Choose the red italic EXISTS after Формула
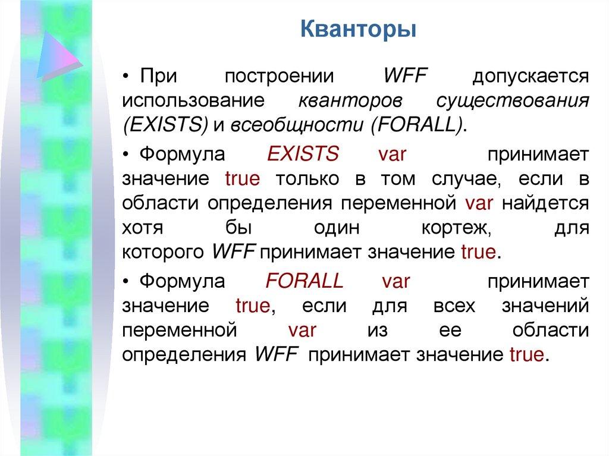tap(303, 153)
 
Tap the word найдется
tap(546, 203)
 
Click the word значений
tap(545, 306)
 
